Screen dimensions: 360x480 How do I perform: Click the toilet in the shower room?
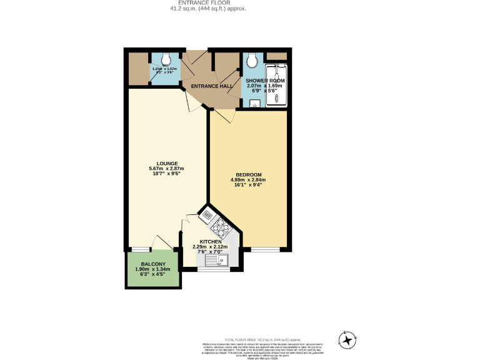tap(251, 61)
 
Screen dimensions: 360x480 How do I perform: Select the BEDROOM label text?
tap(248, 174)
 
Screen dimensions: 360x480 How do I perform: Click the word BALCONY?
tap(153, 264)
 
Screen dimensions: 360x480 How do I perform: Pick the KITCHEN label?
tap(210, 241)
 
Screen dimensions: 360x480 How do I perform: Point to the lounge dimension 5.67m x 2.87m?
tap(166, 169)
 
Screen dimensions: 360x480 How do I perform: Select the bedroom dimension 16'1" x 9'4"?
tap(248, 185)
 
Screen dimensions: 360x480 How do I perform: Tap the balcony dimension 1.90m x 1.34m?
tap(153, 269)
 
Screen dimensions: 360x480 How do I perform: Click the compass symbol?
tap(347, 339)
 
